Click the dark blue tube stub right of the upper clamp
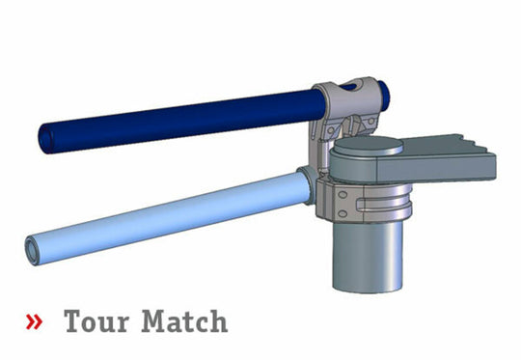(384, 94)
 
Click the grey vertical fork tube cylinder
(372, 251)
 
